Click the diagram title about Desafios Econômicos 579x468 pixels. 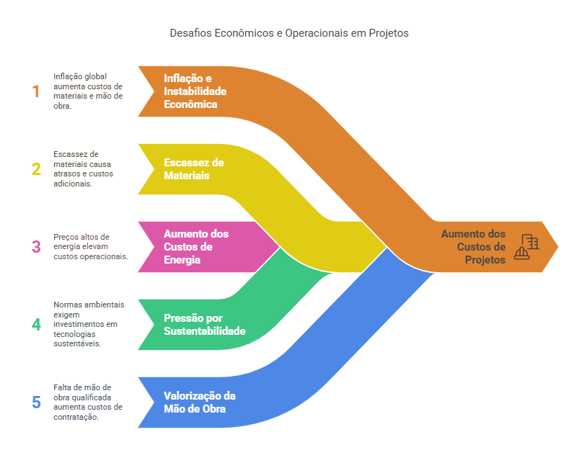[x=289, y=33]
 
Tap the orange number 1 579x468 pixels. [x=36, y=91]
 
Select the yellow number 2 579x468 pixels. [x=36, y=169]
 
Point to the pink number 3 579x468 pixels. [x=36, y=247]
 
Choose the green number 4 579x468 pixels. [x=36, y=324]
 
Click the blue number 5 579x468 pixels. [x=36, y=402]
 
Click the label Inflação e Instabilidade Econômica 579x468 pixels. [x=195, y=91]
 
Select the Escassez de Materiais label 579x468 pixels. [x=193, y=169]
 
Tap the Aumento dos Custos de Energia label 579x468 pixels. [x=196, y=247]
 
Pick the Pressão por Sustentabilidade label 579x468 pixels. [x=204, y=325]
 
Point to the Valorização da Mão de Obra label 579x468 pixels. [x=200, y=402]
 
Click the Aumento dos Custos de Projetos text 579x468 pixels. [x=474, y=247]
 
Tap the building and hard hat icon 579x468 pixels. [x=527, y=247]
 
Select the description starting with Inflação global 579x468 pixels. [x=88, y=91]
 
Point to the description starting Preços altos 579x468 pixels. [x=90, y=247]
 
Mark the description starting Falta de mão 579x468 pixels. [x=87, y=402]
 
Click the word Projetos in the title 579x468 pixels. [x=388, y=33]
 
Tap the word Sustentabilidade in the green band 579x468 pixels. [x=204, y=331]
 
